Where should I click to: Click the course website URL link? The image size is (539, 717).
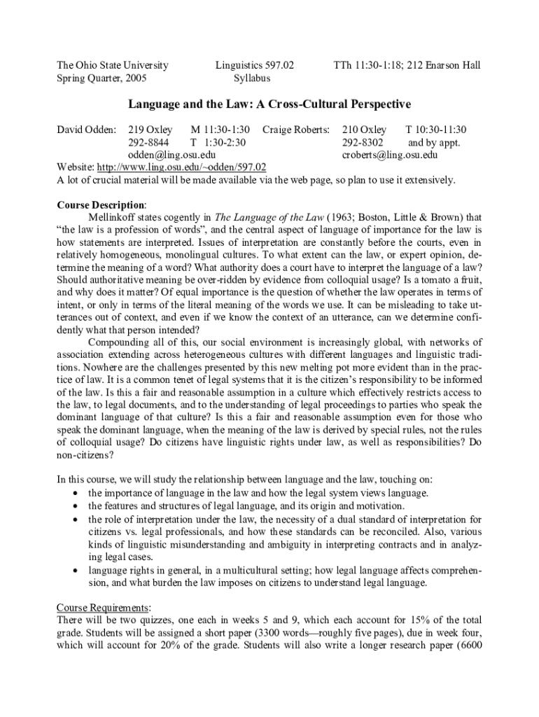[x=181, y=167]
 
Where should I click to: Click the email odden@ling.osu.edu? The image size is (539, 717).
[x=171, y=155]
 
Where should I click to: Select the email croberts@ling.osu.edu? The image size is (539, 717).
[x=389, y=155]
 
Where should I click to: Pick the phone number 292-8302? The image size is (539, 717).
[x=363, y=142]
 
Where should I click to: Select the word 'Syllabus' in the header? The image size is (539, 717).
[x=252, y=78]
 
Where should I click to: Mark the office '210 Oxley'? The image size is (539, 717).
[x=364, y=130]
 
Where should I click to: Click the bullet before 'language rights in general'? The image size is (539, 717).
[x=74, y=570]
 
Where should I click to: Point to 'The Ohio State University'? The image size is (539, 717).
[x=112, y=65]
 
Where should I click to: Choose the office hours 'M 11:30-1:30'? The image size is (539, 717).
[x=220, y=130]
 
